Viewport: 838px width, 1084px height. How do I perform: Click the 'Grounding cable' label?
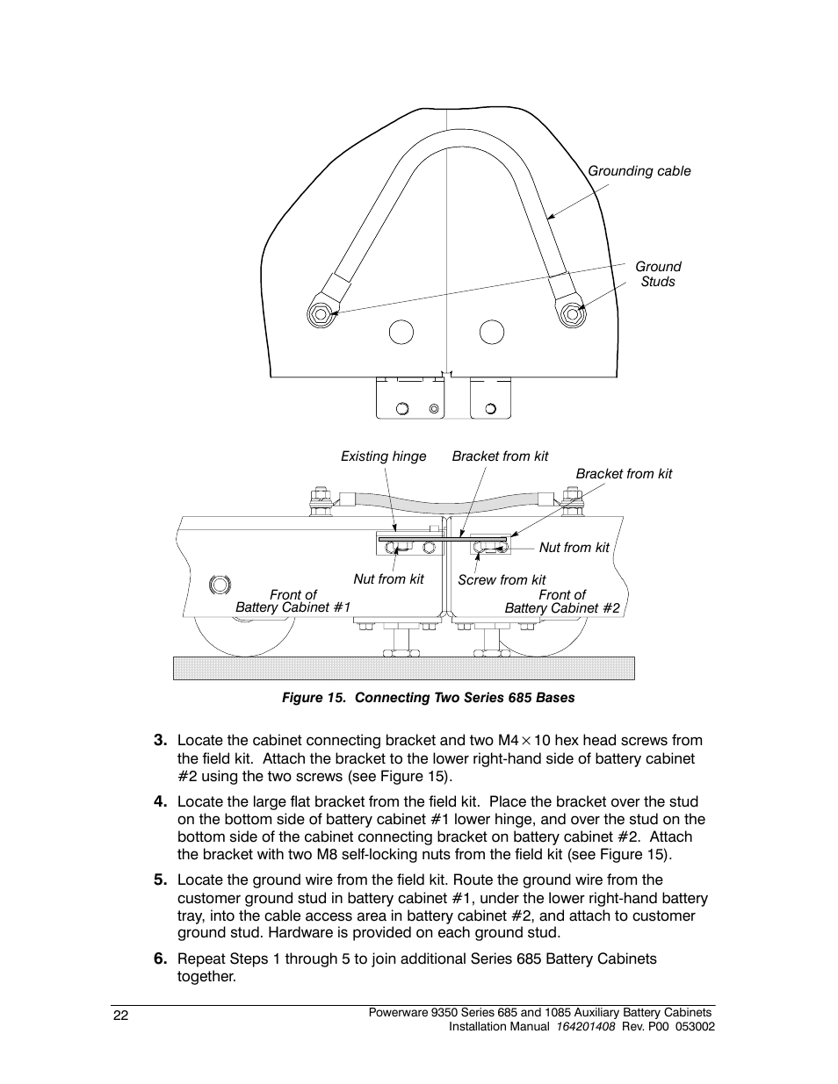click(x=639, y=171)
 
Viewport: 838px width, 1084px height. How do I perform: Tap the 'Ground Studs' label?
click(x=658, y=274)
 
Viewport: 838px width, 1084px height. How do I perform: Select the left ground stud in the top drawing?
click(x=320, y=313)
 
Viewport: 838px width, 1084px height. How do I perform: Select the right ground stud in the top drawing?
click(x=573, y=313)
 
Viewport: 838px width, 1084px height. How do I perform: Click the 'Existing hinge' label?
click(x=383, y=456)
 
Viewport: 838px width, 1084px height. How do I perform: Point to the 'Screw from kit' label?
click(x=502, y=579)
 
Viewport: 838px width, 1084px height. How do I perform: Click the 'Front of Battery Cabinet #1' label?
click(x=293, y=601)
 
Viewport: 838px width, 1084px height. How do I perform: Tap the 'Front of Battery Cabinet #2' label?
click(x=562, y=601)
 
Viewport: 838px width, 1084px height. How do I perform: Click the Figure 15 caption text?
click(x=428, y=698)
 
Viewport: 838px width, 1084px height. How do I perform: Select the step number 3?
click(x=160, y=740)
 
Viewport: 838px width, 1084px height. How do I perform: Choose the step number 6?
click(x=160, y=958)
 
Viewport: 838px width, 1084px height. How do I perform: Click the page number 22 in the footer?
click(x=121, y=1016)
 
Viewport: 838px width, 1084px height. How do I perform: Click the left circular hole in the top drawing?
click(x=401, y=332)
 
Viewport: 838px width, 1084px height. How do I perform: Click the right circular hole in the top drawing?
click(x=492, y=332)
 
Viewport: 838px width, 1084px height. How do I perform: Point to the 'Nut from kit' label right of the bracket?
click(x=574, y=548)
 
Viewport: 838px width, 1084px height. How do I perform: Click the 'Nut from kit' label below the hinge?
click(x=388, y=579)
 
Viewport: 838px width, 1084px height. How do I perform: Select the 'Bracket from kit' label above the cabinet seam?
click(x=500, y=456)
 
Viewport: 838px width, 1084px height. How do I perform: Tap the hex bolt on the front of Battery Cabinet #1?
click(x=220, y=585)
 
